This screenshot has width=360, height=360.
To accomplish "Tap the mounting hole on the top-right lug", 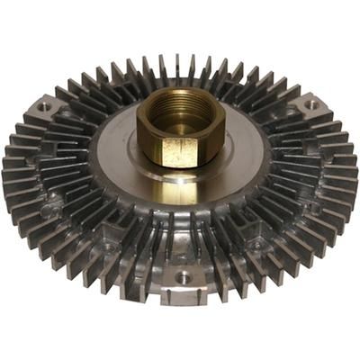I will coord(310,104).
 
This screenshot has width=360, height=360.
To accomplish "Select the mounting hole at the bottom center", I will coord(184,278).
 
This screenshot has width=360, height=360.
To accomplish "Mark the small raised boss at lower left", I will coord(109,244).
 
